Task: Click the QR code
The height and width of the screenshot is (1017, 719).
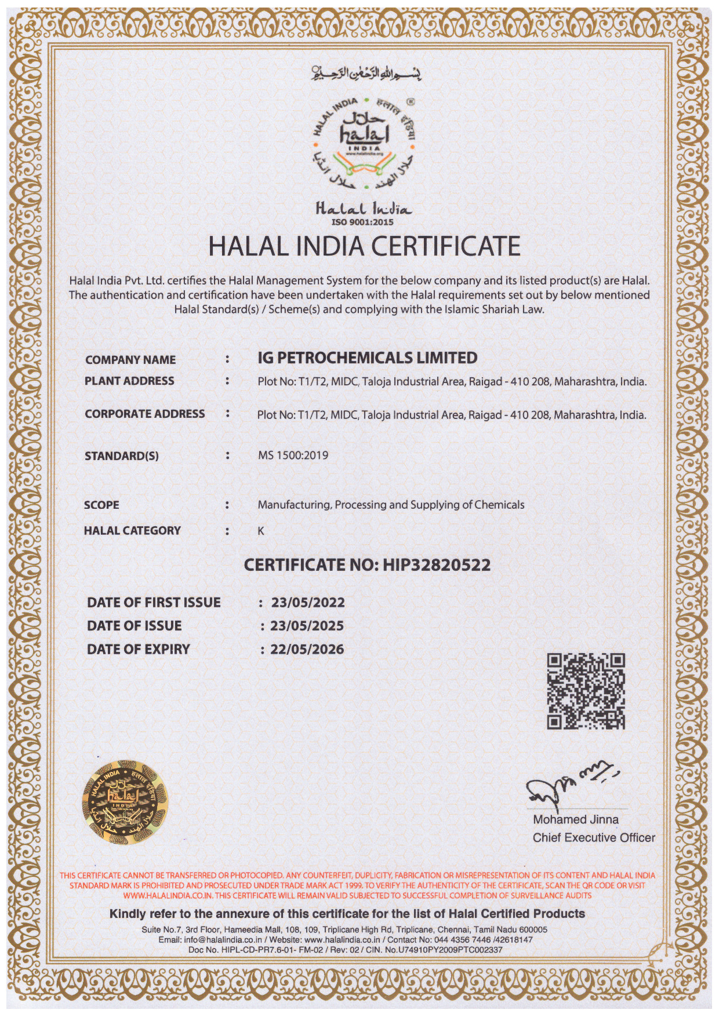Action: pyautogui.click(x=586, y=691)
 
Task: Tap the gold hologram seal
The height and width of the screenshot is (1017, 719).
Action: pyautogui.click(x=125, y=801)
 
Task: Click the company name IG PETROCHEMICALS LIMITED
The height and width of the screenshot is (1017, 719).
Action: pyautogui.click(x=367, y=358)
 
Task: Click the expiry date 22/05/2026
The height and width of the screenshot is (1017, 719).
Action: pyautogui.click(x=307, y=650)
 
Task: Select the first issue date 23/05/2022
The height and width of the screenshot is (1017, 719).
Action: pyautogui.click(x=308, y=603)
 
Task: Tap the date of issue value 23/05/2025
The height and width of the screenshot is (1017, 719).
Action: pyautogui.click(x=307, y=626)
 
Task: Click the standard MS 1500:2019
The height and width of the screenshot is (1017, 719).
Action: pyautogui.click(x=293, y=455)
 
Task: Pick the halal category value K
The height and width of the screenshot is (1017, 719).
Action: pyautogui.click(x=261, y=531)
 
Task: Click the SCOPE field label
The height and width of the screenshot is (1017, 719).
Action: pyautogui.click(x=101, y=505)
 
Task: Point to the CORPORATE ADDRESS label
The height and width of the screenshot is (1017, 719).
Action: pyautogui.click(x=144, y=414)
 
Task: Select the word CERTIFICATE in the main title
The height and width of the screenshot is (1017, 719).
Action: pyautogui.click(x=445, y=246)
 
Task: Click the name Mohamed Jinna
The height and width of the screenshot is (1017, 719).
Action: pyautogui.click(x=575, y=819)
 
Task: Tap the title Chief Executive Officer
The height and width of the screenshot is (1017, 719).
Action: pyautogui.click(x=594, y=837)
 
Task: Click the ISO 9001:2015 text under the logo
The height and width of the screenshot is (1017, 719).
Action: pyautogui.click(x=362, y=222)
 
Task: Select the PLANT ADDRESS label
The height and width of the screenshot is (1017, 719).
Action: pyautogui.click(x=129, y=381)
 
